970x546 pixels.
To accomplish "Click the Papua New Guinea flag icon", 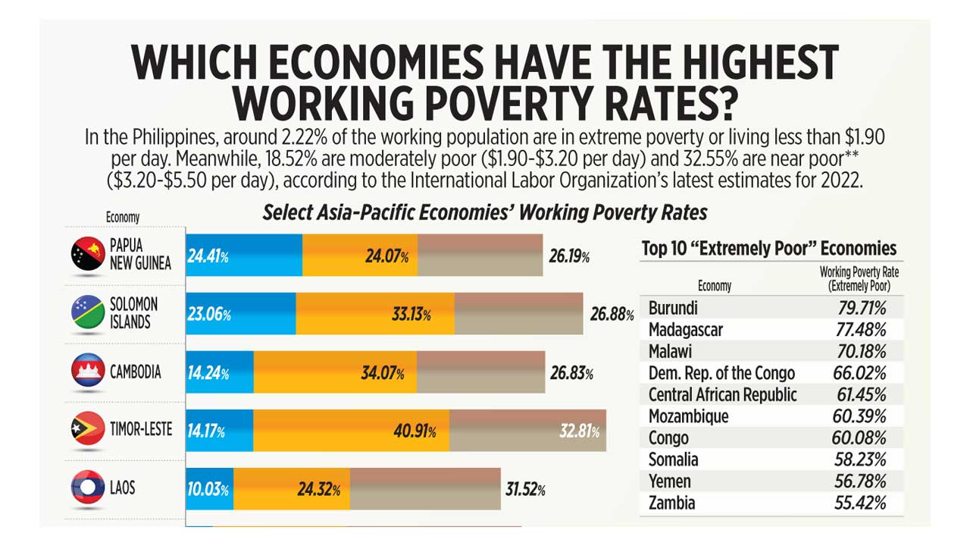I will [x=88, y=255].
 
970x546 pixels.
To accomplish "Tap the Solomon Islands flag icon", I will [x=88, y=313].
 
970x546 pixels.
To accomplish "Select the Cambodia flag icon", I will [x=88, y=371].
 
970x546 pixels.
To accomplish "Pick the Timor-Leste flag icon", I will [x=88, y=430].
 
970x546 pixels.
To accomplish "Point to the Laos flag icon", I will [x=88, y=487].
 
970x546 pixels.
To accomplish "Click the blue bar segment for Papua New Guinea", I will [x=244, y=256].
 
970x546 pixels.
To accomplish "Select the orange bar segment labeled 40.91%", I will [x=351, y=431].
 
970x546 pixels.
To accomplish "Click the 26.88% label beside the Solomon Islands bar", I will [x=611, y=314].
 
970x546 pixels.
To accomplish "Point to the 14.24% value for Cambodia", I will [x=208, y=373].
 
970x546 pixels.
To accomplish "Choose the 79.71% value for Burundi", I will [x=859, y=308].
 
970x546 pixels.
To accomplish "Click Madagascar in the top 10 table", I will [x=686, y=330].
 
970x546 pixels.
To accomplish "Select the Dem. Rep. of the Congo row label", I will [x=721, y=373].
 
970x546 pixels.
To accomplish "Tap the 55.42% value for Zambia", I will [x=859, y=503].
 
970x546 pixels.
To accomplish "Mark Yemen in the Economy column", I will [x=670, y=481].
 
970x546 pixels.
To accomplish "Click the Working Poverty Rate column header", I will [x=859, y=278].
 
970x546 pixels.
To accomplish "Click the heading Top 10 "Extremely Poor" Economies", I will [x=768, y=249].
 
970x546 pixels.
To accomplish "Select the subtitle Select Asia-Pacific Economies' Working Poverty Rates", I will [x=485, y=212].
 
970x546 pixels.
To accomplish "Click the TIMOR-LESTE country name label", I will [x=141, y=429].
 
